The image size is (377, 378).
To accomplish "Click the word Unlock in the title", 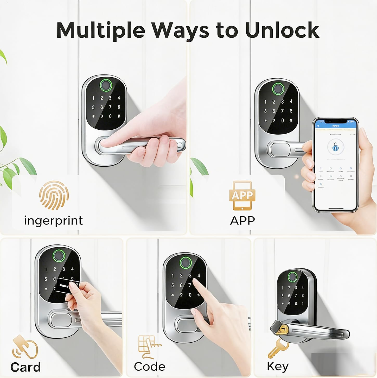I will tap(282, 30).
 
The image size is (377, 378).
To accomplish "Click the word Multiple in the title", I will tap(100, 30).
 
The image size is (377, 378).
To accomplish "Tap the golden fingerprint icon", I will tap(54, 195).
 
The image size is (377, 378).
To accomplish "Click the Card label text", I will tap(25, 367).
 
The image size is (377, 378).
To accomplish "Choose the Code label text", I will tap(150, 367).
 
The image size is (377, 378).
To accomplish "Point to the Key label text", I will tap(278, 366).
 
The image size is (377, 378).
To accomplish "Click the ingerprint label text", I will tap(53, 221).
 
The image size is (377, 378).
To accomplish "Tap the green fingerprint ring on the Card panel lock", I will tap(59, 254).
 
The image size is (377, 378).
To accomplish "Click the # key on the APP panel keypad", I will tap(291, 120).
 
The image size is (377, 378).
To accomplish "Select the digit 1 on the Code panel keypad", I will tap(172, 276).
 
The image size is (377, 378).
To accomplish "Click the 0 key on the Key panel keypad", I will tap(296, 304).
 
